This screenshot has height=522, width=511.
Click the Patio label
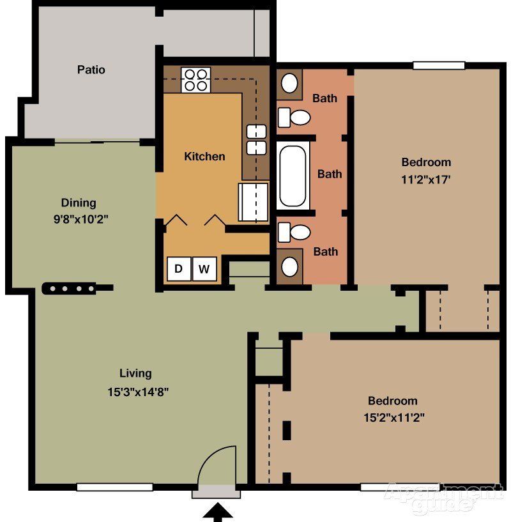91,70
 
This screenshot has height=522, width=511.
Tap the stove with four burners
195,80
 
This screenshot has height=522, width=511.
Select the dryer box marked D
179,269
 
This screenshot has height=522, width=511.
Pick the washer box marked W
204,269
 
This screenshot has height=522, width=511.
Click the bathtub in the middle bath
293,176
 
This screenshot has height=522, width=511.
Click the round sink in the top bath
289,83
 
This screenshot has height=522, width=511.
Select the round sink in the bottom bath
289,265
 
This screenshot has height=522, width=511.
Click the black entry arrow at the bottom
218,512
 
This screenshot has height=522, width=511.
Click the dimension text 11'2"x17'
426,180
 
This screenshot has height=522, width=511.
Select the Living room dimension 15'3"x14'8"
137,391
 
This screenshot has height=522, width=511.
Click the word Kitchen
204,157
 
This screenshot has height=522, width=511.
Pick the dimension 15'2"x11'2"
393,418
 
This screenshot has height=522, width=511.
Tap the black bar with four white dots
69,288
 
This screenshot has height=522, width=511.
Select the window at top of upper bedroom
438,65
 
